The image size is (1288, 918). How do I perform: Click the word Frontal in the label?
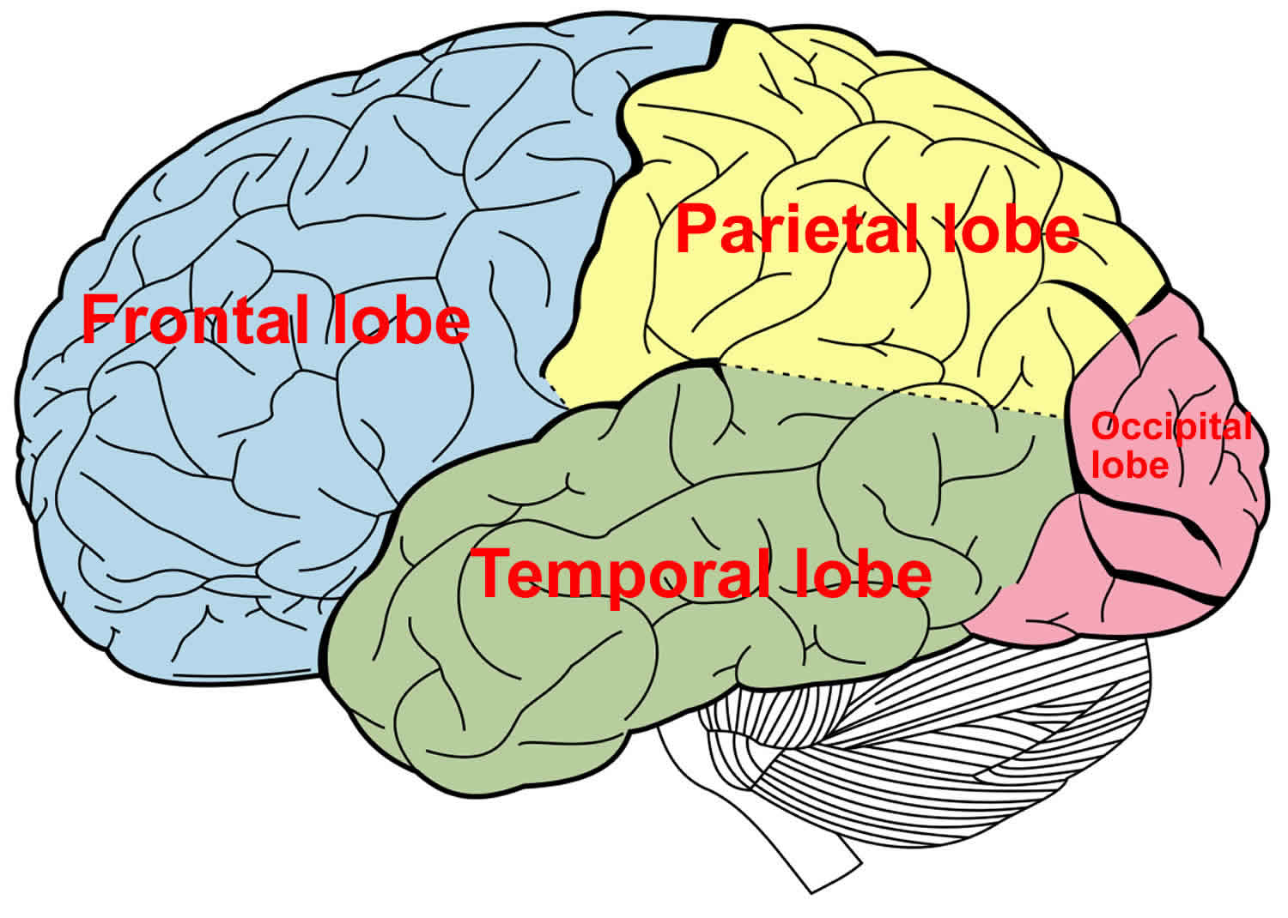[194, 320]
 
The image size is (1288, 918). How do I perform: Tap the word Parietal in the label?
[793, 230]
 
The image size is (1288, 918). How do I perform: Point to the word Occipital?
[1170, 427]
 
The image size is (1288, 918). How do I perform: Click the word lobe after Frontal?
[402, 320]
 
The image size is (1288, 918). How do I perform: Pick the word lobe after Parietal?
[1010, 230]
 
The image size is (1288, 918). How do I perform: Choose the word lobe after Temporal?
[862, 574]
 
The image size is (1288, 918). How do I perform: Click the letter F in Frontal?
[96, 320]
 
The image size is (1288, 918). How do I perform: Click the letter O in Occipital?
[1103, 426]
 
